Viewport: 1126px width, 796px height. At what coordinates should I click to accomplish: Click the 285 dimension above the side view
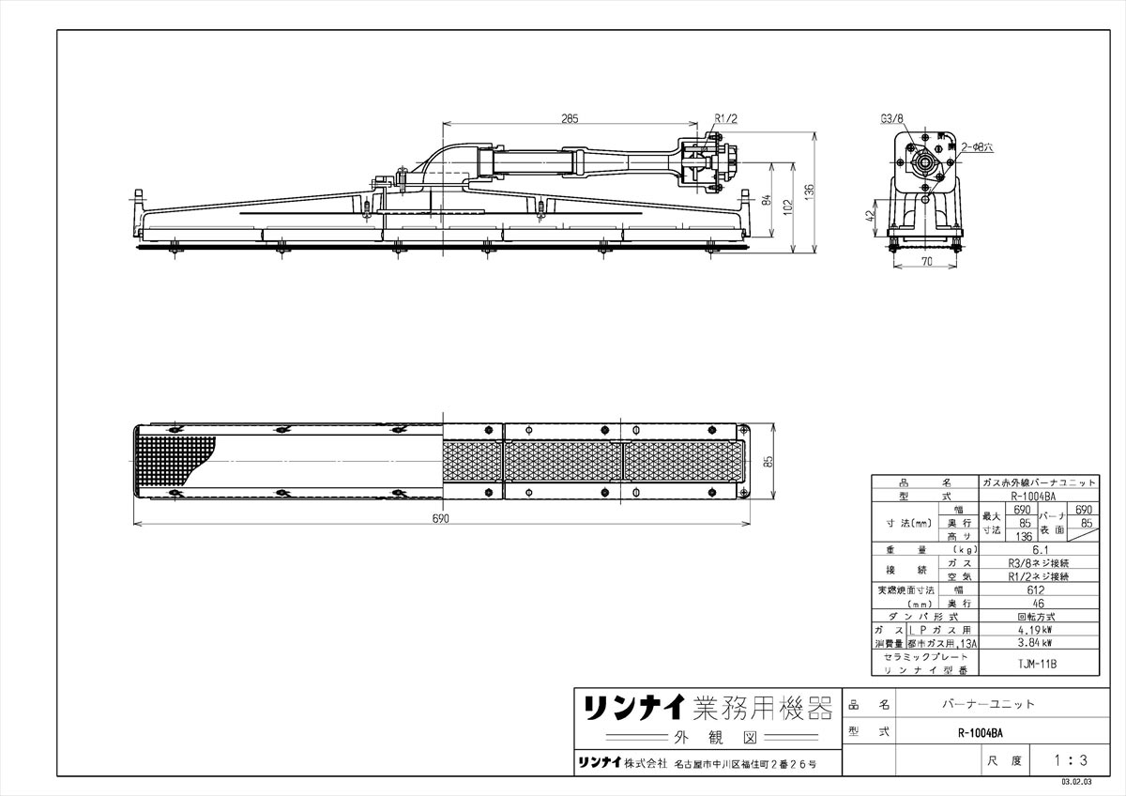pyautogui.click(x=570, y=118)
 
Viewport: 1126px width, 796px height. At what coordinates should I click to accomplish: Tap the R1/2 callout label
pyautogui.click(x=725, y=118)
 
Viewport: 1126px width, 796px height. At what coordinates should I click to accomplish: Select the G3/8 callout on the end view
pyautogui.click(x=891, y=119)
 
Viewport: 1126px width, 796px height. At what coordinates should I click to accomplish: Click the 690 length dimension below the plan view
pyautogui.click(x=441, y=518)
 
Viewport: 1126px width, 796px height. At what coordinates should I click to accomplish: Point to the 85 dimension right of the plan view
pyautogui.click(x=768, y=462)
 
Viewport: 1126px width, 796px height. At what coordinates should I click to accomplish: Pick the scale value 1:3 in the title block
pyautogui.click(x=1070, y=759)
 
